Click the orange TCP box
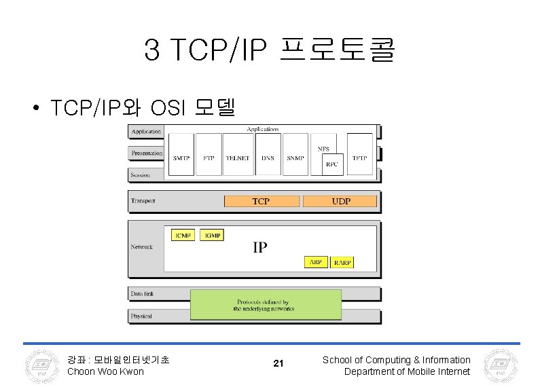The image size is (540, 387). (x=261, y=201)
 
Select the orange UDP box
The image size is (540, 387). (x=340, y=201)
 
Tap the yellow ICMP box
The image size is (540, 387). (x=183, y=235)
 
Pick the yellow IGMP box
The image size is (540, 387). (x=213, y=235)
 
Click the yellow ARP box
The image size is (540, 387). (x=316, y=261)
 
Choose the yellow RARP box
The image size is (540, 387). (x=342, y=261)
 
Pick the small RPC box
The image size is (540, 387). (x=332, y=164)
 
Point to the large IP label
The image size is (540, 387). (x=260, y=247)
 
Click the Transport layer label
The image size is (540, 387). (x=143, y=201)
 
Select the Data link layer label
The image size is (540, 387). (x=143, y=295)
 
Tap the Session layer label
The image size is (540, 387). (x=141, y=175)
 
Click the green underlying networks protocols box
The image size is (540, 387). (x=265, y=305)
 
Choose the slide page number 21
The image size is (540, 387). (x=278, y=365)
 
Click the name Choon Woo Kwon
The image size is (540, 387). (x=105, y=371)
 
